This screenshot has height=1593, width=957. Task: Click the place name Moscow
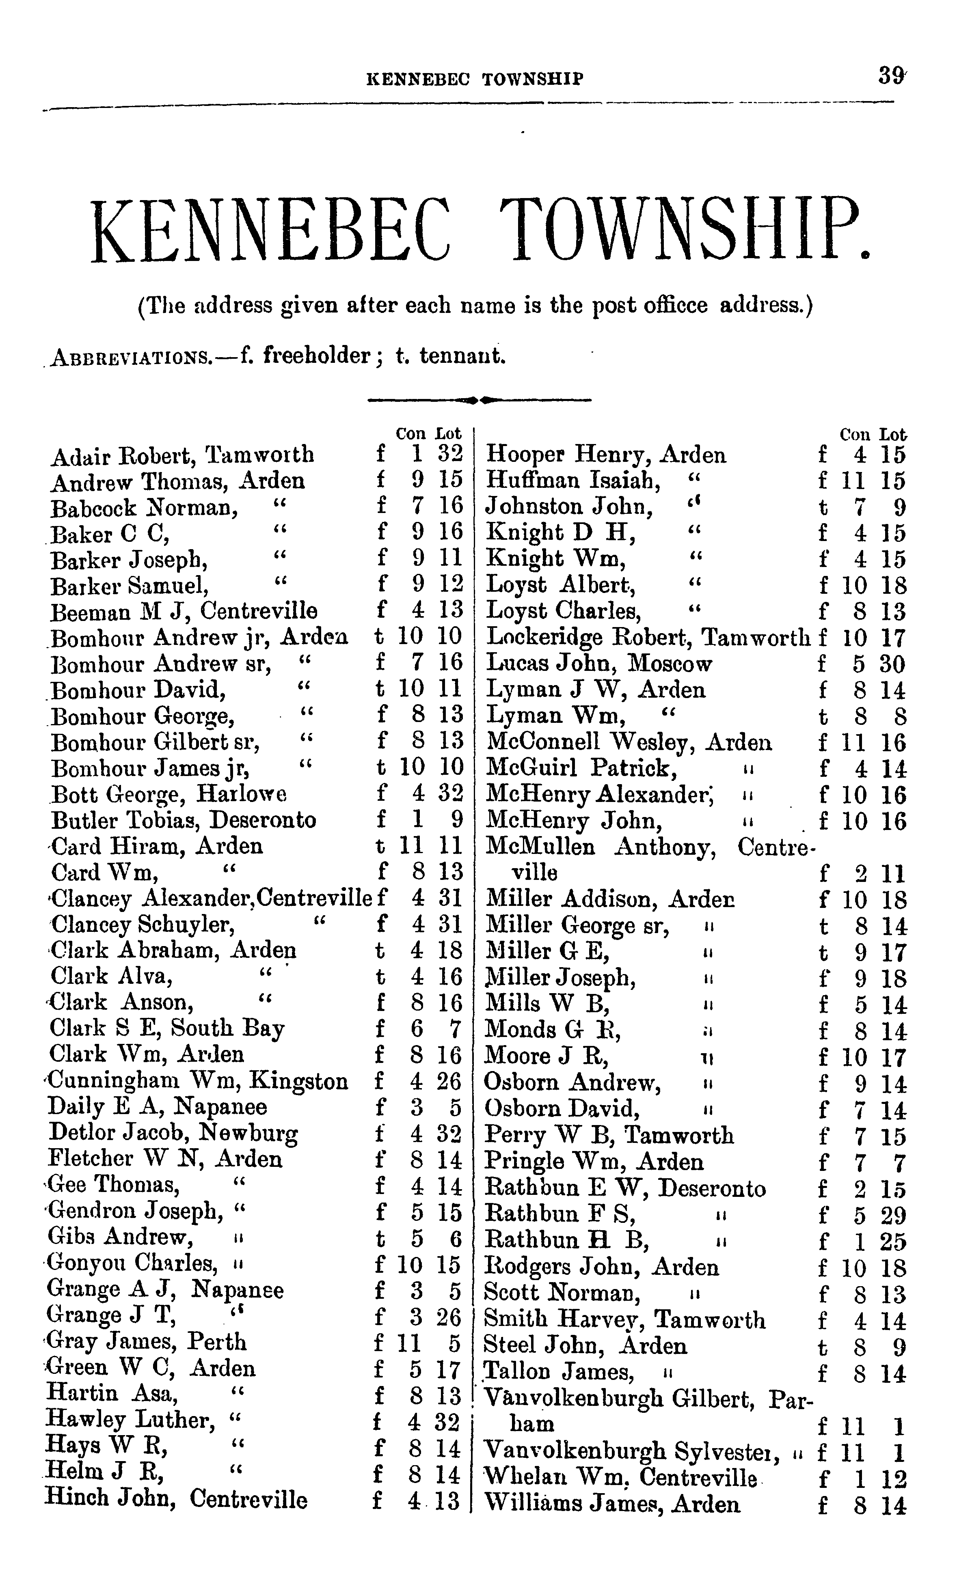pos(671,663)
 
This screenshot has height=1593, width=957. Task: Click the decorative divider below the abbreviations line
pos(479,400)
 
